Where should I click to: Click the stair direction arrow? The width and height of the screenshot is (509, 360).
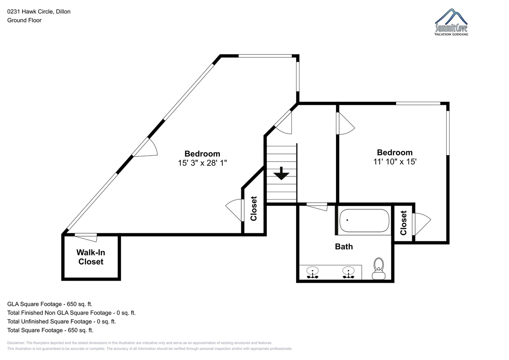pyautogui.click(x=281, y=173)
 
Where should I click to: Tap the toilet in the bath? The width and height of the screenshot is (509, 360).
pyautogui.click(x=378, y=268)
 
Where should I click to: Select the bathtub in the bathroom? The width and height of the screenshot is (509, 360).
pyautogui.click(x=364, y=220)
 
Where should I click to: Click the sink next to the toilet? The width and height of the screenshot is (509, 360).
pyautogui.click(x=348, y=272)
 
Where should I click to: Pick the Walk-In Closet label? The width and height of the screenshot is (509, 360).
pyautogui.click(x=91, y=257)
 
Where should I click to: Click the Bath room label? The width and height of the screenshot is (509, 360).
pyautogui.click(x=344, y=246)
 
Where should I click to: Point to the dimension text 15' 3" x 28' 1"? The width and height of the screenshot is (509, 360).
pyautogui.click(x=202, y=163)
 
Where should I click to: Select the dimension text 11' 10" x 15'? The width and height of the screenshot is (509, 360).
pyautogui.click(x=395, y=162)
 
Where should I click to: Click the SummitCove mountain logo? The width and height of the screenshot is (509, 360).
pyautogui.click(x=451, y=22)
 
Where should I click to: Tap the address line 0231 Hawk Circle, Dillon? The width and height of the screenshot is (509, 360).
pyautogui.click(x=39, y=11)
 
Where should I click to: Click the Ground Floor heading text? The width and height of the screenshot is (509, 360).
pyautogui.click(x=24, y=20)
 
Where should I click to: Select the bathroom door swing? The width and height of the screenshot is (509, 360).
pyautogui.click(x=317, y=207)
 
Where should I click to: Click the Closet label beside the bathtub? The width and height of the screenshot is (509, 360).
pyautogui.click(x=403, y=223)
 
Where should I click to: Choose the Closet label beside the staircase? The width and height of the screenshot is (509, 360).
pyautogui.click(x=253, y=209)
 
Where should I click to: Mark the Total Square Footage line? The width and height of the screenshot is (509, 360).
pyautogui.click(x=50, y=330)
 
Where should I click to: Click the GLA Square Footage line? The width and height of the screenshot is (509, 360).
pyautogui.click(x=50, y=304)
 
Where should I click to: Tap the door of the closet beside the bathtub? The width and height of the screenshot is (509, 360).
pyautogui.click(x=422, y=224)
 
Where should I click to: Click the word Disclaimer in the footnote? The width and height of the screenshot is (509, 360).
pyautogui.click(x=16, y=343)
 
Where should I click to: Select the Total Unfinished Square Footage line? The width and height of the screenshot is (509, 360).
pyautogui.click(x=62, y=321)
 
